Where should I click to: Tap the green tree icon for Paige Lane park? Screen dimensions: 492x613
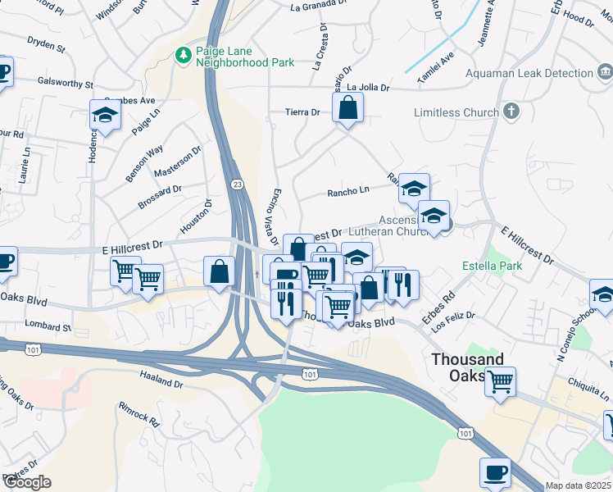point(184,55)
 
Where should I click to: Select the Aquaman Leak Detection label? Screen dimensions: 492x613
point(529,73)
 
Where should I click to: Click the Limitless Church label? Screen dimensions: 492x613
point(456,112)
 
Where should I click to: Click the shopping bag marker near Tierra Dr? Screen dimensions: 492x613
point(347,107)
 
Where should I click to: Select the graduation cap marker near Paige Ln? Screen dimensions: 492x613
point(105,116)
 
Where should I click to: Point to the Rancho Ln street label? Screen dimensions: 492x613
point(348,191)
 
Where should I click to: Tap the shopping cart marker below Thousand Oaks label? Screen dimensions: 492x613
point(499,380)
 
